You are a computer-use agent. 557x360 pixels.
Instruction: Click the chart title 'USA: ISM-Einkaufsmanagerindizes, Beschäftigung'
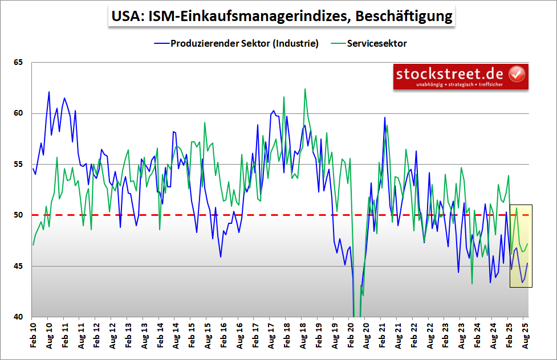coord(279,16)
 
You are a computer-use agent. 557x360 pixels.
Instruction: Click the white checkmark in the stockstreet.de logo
coord(516,74)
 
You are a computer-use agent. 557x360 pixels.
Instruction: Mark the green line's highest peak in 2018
coord(305,89)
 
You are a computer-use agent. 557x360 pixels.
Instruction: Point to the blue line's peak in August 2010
coord(49,92)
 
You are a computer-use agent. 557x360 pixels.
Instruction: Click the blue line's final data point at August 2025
coord(528,263)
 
